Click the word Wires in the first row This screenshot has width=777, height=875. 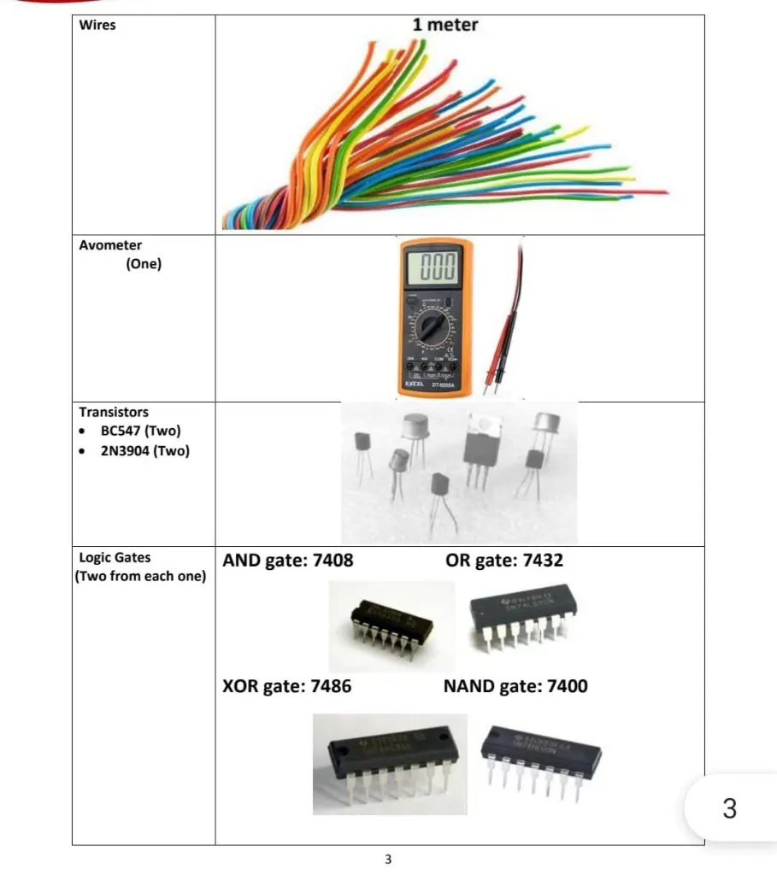[97, 25]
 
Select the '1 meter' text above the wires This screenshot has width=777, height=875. [444, 25]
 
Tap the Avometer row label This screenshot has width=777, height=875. [111, 245]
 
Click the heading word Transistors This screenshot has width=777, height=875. [114, 411]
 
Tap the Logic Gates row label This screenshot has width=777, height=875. [115, 557]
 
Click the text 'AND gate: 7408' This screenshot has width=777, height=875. [288, 561]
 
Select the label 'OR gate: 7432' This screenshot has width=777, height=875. [504, 561]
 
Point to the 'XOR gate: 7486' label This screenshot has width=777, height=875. [286, 685]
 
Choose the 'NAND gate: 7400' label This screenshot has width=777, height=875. [515, 685]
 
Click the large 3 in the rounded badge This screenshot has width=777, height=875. [729, 807]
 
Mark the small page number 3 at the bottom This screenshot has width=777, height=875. [388, 859]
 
